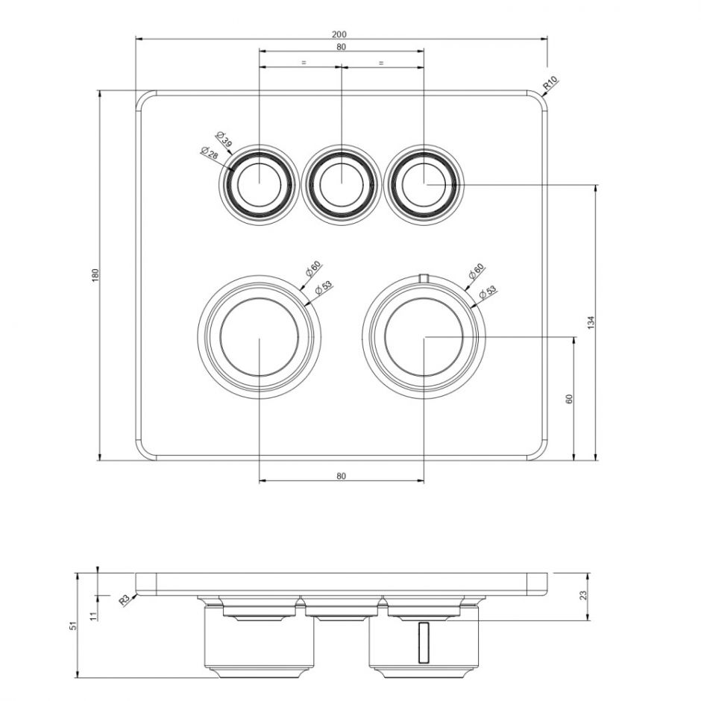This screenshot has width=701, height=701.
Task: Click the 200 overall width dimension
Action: click(x=340, y=34)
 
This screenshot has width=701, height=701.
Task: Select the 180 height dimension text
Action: click(x=95, y=274)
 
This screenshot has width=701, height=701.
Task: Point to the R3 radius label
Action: click(x=125, y=598)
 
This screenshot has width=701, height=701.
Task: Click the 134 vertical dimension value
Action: click(x=591, y=322)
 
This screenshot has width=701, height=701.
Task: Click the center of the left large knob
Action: click(x=259, y=337)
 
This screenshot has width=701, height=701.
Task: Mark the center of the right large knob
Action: click(x=424, y=337)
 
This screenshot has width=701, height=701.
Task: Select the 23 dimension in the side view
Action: click(x=583, y=595)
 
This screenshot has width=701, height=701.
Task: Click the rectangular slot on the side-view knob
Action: click(x=424, y=642)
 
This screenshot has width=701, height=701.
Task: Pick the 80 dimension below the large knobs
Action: click(x=341, y=475)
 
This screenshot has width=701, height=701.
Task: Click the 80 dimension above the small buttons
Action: click(x=341, y=46)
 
